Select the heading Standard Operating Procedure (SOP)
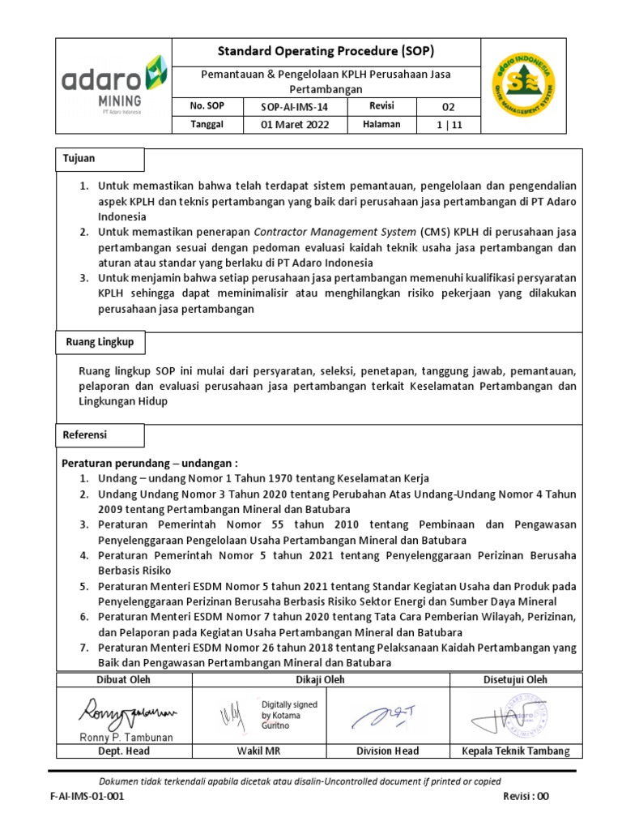[326, 51]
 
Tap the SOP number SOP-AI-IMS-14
[294, 107]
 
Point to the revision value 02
[448, 107]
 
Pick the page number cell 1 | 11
[448, 125]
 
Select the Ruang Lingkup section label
[99, 343]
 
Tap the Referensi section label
[85, 435]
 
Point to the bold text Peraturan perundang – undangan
[150, 464]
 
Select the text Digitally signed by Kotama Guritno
[289, 716]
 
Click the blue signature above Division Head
[388, 714]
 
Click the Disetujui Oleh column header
[514, 680]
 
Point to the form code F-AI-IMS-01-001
[87, 797]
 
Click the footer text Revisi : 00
[526, 797]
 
